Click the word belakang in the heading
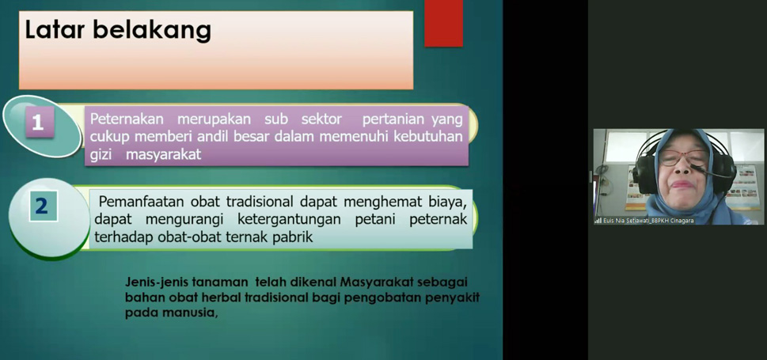point(151,31)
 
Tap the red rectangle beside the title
point(443,24)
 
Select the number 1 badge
point(38,122)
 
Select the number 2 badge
point(42,206)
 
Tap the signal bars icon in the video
point(598,221)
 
